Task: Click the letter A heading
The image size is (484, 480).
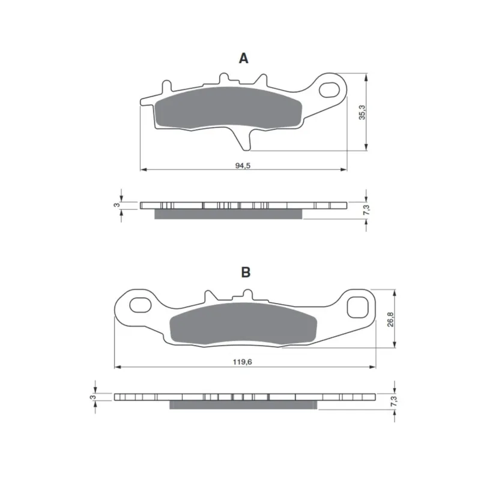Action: click(244, 58)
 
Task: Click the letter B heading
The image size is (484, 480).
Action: click(246, 272)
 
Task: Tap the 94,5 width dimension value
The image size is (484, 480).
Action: click(243, 166)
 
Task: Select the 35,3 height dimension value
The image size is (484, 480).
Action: click(361, 112)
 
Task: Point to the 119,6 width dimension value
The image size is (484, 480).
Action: click(243, 362)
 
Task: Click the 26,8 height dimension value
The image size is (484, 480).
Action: click(390, 319)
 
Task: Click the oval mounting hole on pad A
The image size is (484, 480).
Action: click(329, 90)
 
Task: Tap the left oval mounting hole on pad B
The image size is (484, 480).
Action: click(140, 305)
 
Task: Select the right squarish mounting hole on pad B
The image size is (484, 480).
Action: click(358, 307)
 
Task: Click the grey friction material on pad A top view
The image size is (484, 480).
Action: click(228, 107)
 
